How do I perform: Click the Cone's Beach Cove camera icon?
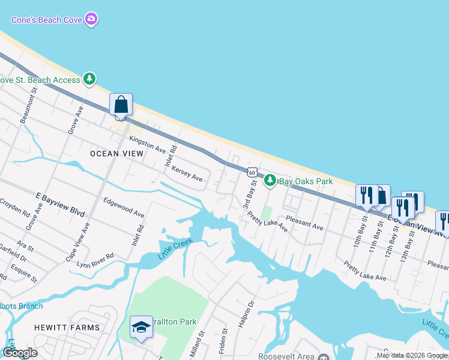pos(91,19)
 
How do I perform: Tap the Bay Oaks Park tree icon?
pos(271,180)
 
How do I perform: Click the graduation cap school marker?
pos(141,327)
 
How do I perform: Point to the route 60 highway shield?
pos(253,172)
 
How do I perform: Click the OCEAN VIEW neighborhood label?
pos(116,154)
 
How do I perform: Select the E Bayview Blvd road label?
pos(61,205)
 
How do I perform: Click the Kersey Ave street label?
pos(187,174)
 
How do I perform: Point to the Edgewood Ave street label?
pos(124,208)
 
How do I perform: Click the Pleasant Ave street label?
pos(304,223)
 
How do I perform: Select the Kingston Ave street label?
pos(147,143)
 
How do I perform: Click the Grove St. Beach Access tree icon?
pos(89,79)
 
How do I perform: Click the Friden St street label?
pos(225,339)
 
